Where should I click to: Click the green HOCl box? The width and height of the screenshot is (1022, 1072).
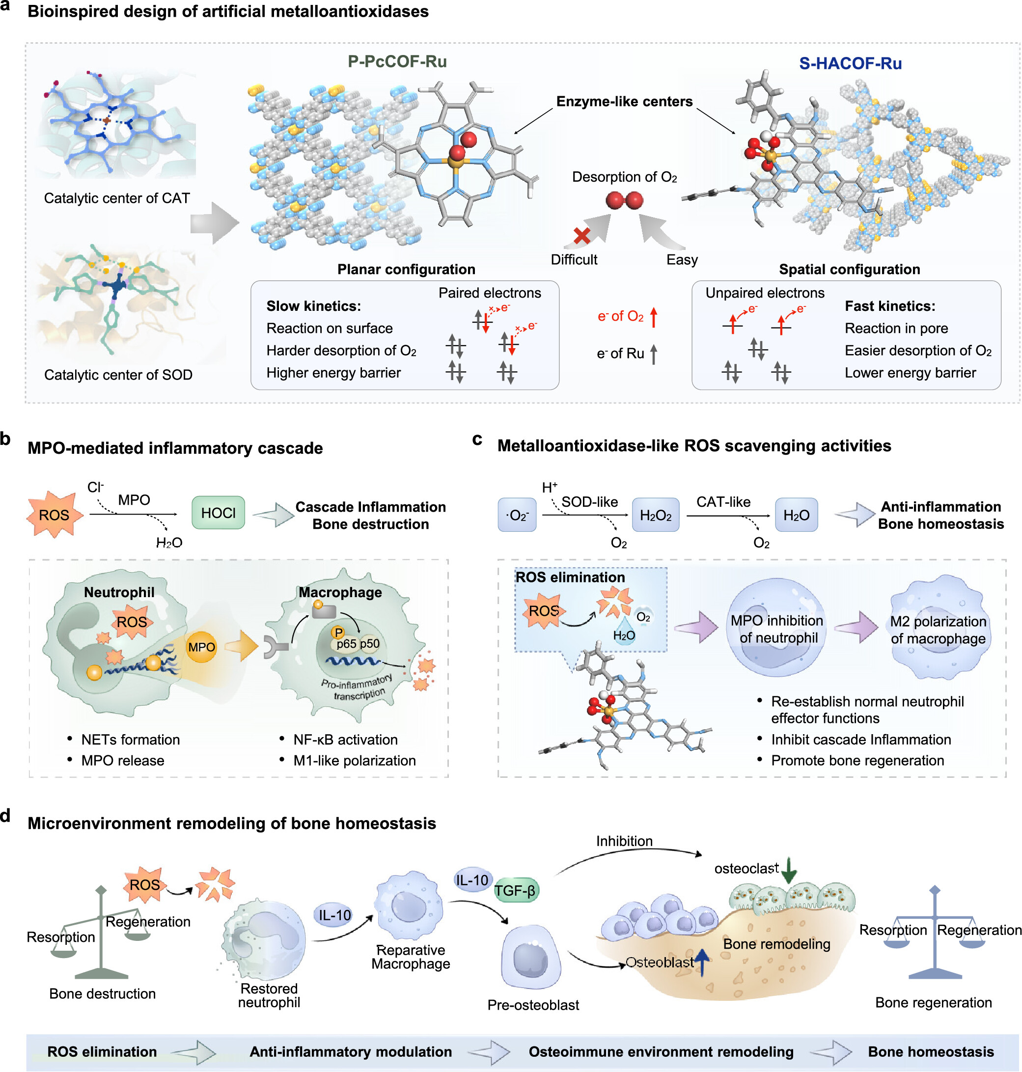(218, 513)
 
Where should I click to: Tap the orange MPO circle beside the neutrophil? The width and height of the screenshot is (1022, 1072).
(201, 647)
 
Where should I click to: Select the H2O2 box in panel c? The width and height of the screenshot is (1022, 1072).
(655, 515)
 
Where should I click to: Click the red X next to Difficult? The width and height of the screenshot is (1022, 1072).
(582, 236)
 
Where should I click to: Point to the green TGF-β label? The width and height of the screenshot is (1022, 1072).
(515, 890)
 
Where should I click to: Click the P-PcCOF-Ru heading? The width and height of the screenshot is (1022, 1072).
(397, 61)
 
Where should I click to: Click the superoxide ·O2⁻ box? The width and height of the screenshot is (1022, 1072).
(517, 515)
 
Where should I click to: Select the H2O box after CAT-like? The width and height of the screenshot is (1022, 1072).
(796, 515)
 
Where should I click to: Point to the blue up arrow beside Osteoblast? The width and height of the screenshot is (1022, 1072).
(702, 962)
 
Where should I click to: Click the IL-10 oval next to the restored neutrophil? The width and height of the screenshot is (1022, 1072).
(334, 914)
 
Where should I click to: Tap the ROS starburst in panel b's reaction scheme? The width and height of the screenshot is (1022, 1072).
(54, 514)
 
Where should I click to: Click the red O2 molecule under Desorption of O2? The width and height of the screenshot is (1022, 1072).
(624, 200)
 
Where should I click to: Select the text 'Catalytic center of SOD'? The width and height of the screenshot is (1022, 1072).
(118, 375)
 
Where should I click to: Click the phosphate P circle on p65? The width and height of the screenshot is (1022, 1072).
(338, 632)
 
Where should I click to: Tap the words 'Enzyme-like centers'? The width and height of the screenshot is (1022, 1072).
(624, 101)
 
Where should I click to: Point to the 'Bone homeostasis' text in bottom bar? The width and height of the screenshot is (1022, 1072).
(931, 1051)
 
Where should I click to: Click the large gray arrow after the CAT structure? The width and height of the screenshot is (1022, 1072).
(214, 223)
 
